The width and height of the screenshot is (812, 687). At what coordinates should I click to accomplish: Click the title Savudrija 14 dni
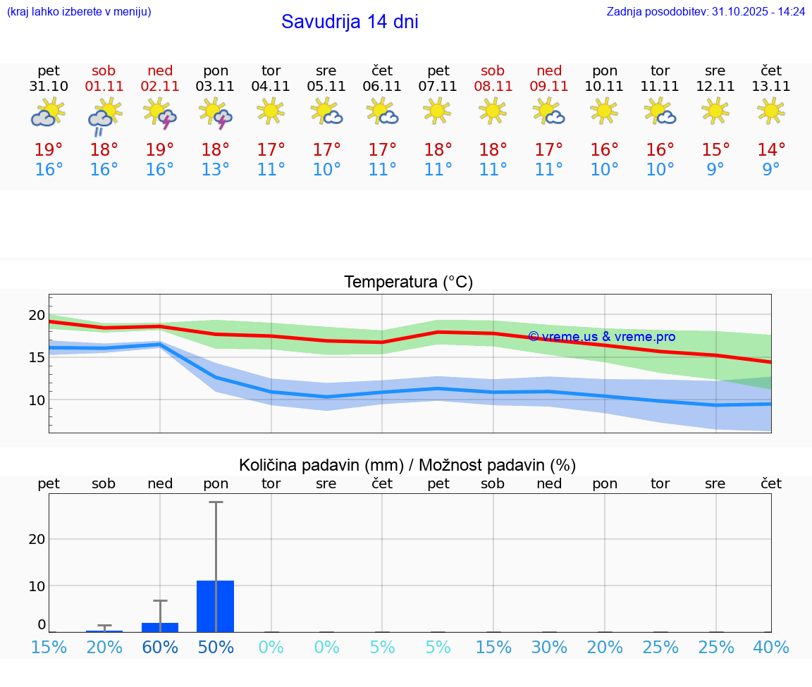point(350,22)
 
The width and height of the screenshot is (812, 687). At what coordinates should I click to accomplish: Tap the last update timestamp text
point(706,12)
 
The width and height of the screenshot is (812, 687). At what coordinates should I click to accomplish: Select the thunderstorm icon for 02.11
point(160,113)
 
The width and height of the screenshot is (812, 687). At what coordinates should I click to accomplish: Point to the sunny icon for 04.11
point(271,111)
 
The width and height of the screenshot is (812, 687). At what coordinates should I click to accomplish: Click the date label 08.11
point(493,87)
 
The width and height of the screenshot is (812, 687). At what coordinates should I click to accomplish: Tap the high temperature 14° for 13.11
point(771,150)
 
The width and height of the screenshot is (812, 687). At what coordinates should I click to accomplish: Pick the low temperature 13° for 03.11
point(215,170)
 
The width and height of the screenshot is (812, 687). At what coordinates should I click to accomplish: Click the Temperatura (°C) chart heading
point(408,283)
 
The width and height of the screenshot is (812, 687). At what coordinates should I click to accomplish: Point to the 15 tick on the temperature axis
point(37,357)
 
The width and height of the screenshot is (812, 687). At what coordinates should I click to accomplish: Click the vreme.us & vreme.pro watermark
point(601,337)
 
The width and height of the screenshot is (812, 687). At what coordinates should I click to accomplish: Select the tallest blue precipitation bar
point(215,606)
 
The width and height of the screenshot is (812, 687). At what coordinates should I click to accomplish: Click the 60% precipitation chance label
point(160,648)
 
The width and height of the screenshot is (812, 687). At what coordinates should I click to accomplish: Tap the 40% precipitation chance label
point(771,648)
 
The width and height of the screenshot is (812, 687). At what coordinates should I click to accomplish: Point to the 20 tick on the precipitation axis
point(37,539)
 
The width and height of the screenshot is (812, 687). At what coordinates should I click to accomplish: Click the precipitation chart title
point(407,465)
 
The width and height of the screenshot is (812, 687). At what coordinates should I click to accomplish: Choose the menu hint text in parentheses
point(79,12)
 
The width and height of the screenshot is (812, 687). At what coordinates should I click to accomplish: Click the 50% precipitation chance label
point(215,648)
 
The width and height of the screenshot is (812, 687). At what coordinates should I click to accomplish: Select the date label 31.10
point(49,87)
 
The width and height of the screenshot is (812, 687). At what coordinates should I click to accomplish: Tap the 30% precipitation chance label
point(549,648)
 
